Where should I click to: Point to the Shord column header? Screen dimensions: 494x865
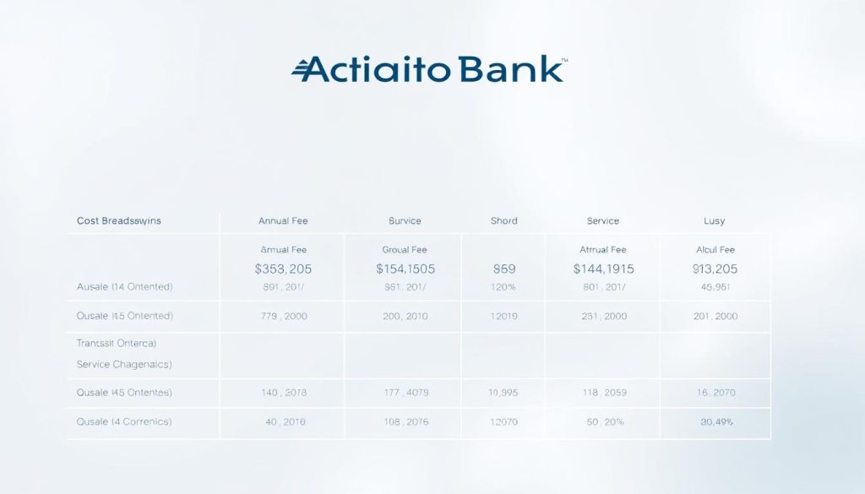[503, 220]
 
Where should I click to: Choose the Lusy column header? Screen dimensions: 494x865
[715, 220]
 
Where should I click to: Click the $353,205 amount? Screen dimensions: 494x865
[283, 269]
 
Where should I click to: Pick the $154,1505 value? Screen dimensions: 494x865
[405, 269]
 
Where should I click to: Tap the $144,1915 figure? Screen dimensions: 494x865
[603, 269]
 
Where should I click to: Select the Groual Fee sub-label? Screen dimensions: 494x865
[405, 250]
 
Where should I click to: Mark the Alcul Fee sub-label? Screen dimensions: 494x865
[715, 250]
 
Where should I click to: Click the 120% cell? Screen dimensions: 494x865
[503, 287]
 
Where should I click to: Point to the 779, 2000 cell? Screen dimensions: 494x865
[283, 316]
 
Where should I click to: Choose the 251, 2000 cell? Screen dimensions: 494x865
[603, 316]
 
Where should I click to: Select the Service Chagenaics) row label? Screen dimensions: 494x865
[124, 364]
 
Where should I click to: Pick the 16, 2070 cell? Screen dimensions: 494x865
[715, 393]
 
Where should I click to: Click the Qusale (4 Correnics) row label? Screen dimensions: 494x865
[124, 421]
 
